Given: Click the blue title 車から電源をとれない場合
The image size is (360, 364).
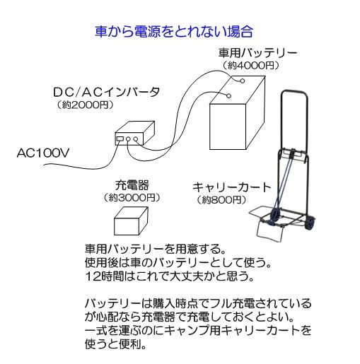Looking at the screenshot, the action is click(x=174, y=32).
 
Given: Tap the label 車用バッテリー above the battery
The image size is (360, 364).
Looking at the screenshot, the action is click(x=257, y=53).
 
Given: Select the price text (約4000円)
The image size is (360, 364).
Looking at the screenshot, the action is click(x=251, y=65).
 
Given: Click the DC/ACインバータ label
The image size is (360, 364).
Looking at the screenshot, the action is click(x=107, y=92).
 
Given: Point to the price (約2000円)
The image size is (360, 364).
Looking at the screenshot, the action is click(x=85, y=105).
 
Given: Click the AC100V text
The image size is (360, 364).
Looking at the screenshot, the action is click(x=43, y=153).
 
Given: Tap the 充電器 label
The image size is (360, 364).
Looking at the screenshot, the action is click(x=132, y=185).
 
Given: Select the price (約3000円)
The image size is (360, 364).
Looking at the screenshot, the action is click(x=132, y=197).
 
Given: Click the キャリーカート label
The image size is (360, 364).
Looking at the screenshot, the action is click(x=232, y=187).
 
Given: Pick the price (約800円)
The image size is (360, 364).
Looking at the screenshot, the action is click(x=221, y=200).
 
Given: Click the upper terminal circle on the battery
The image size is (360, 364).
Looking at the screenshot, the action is click(x=242, y=81).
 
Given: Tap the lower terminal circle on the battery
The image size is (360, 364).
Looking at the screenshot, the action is click(x=228, y=95).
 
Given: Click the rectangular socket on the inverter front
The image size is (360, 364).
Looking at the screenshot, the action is click(x=120, y=139).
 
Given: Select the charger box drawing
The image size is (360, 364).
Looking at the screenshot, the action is click(x=131, y=221).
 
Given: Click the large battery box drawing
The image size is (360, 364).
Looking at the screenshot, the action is click(x=238, y=112).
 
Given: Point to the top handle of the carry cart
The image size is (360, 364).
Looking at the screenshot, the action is click(x=295, y=92).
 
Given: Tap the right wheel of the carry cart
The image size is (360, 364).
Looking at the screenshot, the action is click(x=310, y=223).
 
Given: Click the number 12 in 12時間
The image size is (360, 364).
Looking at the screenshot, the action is click(x=91, y=276).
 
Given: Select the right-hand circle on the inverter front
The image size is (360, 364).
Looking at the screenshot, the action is click(x=135, y=139).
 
